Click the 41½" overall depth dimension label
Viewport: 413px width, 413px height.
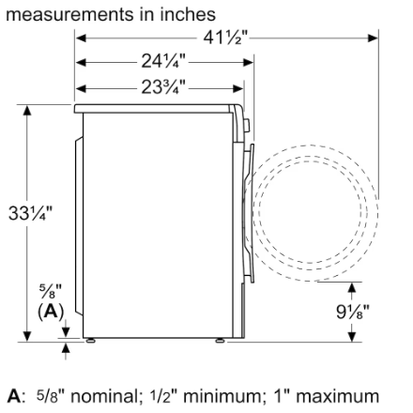coord(225,38)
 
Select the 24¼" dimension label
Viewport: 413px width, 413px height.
coord(163,61)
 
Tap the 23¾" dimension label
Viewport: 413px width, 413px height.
coord(163,87)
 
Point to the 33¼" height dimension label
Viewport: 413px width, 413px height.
coord(30,213)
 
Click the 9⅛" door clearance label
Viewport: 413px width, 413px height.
coord(353,312)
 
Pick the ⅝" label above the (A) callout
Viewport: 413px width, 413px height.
coord(51,291)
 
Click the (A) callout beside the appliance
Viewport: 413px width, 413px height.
coord(51,312)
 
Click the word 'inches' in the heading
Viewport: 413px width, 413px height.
coord(188,14)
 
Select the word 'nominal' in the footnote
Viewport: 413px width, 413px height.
coord(104,396)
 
